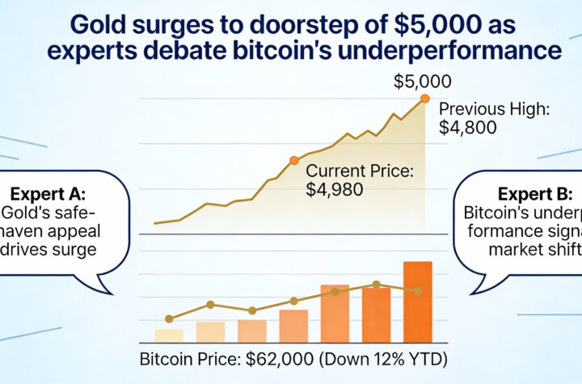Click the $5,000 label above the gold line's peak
pos(422,82)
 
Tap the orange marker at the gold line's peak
pos(425,99)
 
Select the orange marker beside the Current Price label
pos(293,160)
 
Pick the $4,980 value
pos(335,189)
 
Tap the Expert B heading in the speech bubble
pos(536,195)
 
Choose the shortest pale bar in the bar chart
pos(169,335)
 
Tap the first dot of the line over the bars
pos(169,319)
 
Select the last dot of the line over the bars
pos(418,290)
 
